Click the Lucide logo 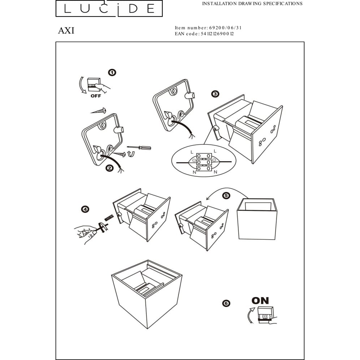[x=109, y=8]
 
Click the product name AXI [x=66, y=31]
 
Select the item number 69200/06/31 [x=225, y=28]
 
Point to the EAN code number [x=217, y=34]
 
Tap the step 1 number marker [x=112, y=73]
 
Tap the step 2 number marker [x=109, y=168]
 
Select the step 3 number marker [x=215, y=94]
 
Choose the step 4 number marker [x=85, y=209]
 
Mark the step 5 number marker [x=226, y=195]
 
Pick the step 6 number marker [x=226, y=303]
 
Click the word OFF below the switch [x=96, y=96]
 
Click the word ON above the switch [x=260, y=301]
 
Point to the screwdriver [x=139, y=148]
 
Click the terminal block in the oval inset [x=204, y=162]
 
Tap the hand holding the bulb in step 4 [x=86, y=234]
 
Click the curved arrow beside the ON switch [x=250, y=315]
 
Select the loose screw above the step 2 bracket [x=98, y=111]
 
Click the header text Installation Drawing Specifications [x=252, y=4]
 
